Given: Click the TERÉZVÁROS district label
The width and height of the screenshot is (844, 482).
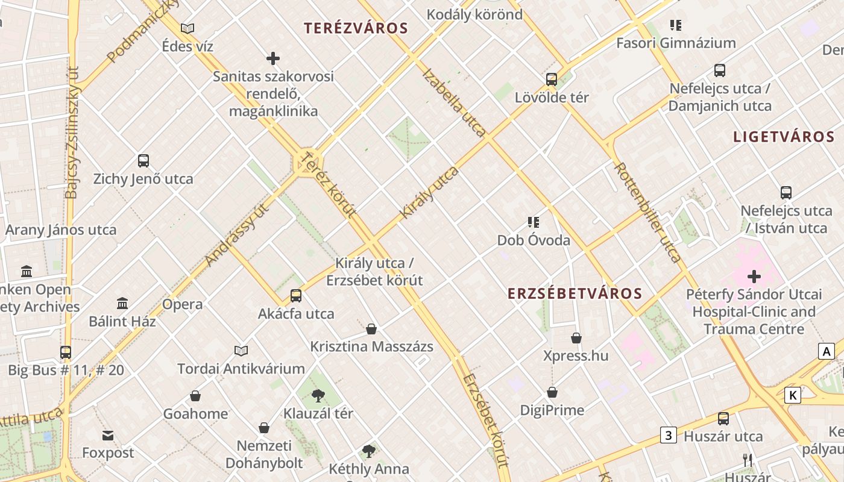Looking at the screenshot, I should click(356, 28).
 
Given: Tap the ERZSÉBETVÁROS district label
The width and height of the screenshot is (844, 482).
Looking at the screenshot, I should click(575, 293).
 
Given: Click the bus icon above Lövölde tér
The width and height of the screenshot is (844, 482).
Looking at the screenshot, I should click(551, 79).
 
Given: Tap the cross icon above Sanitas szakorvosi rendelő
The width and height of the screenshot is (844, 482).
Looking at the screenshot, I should click(273, 58).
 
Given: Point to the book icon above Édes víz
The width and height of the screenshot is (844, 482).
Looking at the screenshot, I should click(187, 28).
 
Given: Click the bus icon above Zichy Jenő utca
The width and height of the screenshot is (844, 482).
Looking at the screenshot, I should click(143, 161).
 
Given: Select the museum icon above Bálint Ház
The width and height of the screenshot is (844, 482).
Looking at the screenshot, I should click(122, 303).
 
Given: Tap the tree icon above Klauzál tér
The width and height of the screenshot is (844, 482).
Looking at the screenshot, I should click(318, 396).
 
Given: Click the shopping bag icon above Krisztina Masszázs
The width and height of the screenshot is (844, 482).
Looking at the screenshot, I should click(371, 329).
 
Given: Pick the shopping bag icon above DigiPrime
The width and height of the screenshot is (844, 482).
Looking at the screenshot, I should click(552, 393).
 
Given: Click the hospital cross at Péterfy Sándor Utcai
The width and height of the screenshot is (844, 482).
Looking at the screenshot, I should click(754, 277).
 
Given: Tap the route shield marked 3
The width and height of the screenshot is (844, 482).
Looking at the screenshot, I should click(668, 434).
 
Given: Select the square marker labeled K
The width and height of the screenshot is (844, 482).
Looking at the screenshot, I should click(792, 395).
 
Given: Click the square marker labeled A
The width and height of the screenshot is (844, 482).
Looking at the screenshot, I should click(826, 351).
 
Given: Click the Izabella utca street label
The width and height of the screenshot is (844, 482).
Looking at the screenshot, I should click(455, 102).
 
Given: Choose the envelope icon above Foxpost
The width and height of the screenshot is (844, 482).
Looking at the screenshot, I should click(108, 435).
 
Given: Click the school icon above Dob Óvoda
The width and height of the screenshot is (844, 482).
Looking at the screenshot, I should click(533, 222).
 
